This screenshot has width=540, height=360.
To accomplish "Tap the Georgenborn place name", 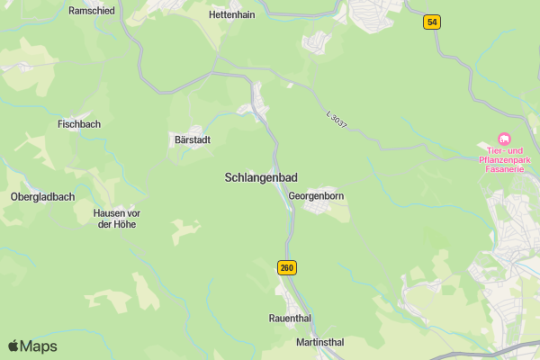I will (317, 195).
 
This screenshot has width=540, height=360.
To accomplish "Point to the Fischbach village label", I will (78, 124).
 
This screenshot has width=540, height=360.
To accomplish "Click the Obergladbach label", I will (40, 197).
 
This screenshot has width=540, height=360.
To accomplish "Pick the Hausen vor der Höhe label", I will (117, 219).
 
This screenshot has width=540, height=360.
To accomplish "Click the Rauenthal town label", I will (292, 319).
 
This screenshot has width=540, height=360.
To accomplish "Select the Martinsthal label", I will (319, 343).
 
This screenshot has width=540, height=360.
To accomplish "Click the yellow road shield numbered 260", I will (287, 267).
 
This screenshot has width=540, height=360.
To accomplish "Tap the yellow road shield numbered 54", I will (433, 22).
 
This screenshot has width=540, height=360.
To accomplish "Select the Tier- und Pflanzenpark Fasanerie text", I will (504, 158).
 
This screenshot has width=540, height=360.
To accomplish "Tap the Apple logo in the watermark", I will (13, 346).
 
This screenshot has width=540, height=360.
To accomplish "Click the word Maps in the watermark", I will (39, 346).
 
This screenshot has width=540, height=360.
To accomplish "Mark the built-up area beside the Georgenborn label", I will (321, 208).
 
